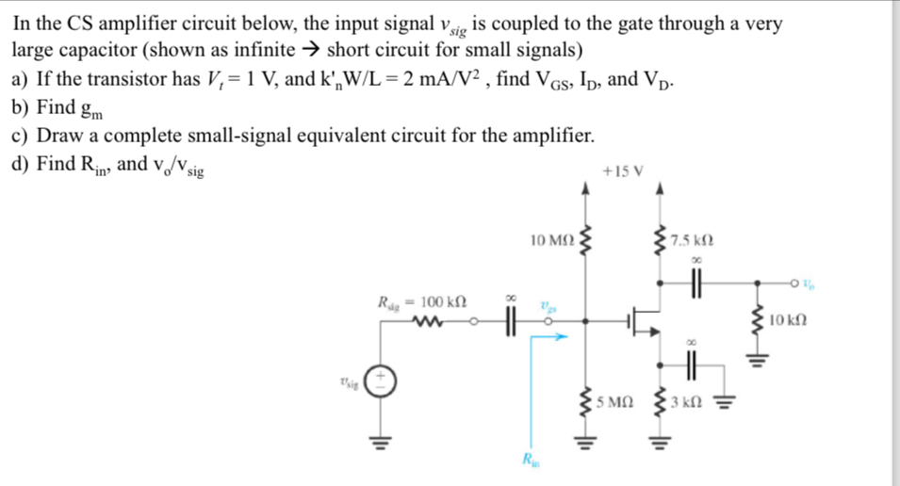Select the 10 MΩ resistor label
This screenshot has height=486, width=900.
click(550, 242)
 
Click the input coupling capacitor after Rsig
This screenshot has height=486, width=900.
click(512, 324)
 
